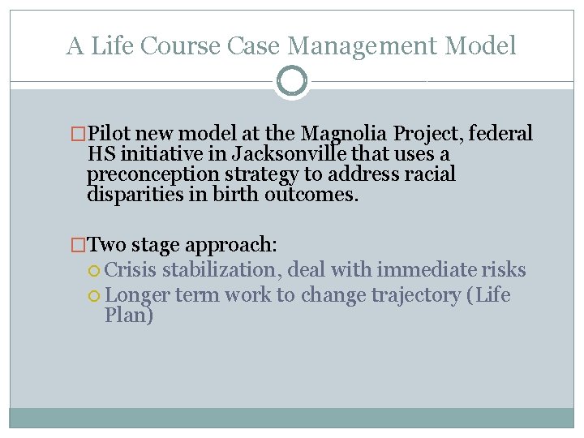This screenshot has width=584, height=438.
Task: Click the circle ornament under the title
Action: [292, 81]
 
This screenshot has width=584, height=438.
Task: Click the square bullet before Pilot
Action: [79, 134]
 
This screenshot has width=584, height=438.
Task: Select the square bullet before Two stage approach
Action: [79, 243]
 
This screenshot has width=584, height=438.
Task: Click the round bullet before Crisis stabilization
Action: [96, 271]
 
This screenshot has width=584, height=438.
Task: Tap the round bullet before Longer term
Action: [96, 295]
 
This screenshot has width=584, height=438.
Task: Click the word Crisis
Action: [131, 270]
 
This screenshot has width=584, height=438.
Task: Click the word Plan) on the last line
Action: [128, 315]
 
